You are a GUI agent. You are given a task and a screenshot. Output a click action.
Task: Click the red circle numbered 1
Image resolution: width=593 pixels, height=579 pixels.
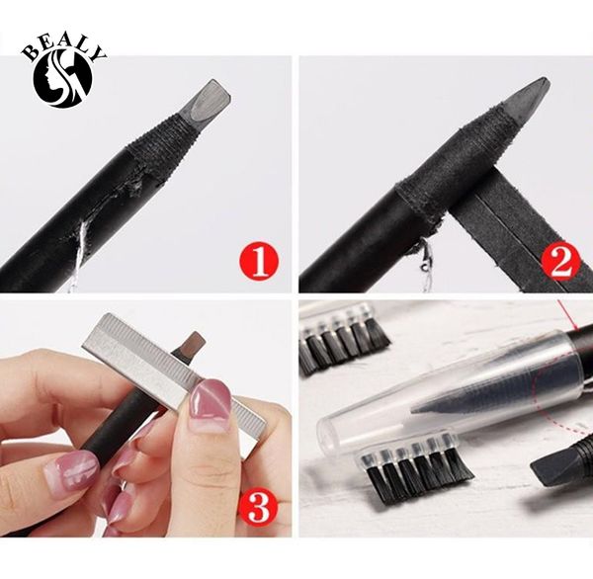pyautogui.click(x=258, y=262)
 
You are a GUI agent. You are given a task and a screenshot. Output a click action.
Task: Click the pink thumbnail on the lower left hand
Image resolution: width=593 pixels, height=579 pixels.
pyautogui.click(x=71, y=471)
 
